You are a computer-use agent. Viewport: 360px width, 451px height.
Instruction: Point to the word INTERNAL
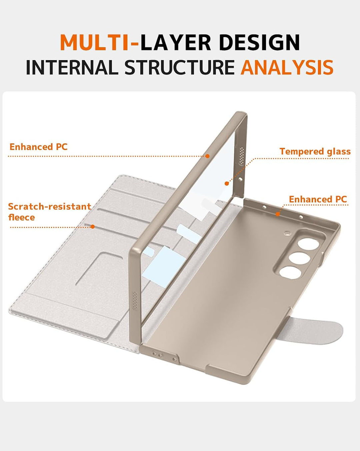(x=72, y=67)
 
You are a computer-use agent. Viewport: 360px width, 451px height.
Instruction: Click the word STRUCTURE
(x=179, y=67)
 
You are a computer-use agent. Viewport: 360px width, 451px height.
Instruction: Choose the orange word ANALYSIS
(x=287, y=67)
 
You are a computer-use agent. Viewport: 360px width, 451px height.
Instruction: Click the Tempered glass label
(x=315, y=151)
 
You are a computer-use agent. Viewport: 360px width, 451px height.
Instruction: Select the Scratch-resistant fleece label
(x=50, y=212)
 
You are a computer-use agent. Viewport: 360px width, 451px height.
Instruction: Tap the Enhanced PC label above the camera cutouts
(x=318, y=199)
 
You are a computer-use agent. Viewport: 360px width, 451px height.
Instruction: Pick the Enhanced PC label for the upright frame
(x=39, y=147)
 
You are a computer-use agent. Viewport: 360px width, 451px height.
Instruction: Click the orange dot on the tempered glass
(x=226, y=183)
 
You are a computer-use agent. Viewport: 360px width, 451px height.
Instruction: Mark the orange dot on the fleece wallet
(x=93, y=227)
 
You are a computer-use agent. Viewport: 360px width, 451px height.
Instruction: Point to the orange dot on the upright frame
(x=207, y=156)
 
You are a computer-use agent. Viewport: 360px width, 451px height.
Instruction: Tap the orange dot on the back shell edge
(x=278, y=214)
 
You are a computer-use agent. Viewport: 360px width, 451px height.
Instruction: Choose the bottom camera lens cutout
(x=290, y=273)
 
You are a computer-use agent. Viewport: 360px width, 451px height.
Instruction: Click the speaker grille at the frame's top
(x=242, y=156)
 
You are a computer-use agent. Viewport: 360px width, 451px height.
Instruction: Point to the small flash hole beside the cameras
(x=287, y=233)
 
